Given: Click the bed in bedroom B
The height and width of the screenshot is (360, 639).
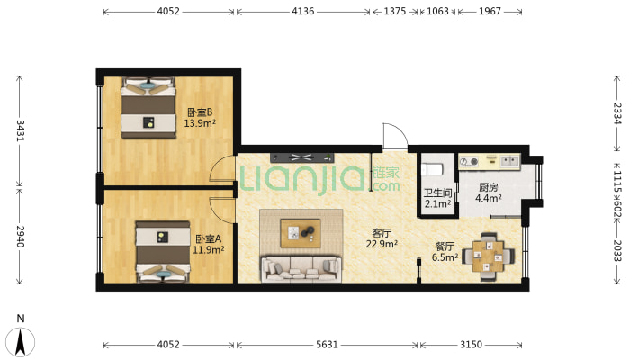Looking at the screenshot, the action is coord(148,108).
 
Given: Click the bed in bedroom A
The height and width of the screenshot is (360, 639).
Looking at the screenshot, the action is coord(163,252).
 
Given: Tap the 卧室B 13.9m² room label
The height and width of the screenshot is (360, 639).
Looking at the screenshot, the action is coord(200,118).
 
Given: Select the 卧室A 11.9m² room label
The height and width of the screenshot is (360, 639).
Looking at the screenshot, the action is coord(208,244).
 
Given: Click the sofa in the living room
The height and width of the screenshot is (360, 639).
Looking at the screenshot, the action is coord(301,269).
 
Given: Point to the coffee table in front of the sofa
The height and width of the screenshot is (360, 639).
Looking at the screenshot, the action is coord(301,233).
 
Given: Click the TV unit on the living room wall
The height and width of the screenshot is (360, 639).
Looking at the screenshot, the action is coord(302,157).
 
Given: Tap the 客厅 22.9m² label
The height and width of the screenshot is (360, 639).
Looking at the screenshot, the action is coord(382,238).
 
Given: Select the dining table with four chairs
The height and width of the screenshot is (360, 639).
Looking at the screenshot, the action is coord(488,256).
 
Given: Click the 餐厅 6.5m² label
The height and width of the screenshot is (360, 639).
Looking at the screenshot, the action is coord(445,252).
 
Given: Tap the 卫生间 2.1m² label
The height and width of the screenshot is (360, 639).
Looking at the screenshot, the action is coord(437,198).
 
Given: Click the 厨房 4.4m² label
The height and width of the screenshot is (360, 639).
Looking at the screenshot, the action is coord(488,193).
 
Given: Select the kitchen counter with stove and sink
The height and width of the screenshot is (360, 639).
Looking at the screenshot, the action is coord(490,162).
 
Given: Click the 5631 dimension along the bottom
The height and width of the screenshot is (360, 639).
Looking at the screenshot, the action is coord(327,345).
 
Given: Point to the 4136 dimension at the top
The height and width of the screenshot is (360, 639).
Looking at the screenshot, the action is coord(302,11).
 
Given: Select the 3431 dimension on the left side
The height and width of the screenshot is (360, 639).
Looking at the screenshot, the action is coord(20,130).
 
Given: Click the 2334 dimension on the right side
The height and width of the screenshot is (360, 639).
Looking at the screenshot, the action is coord(617,113).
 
